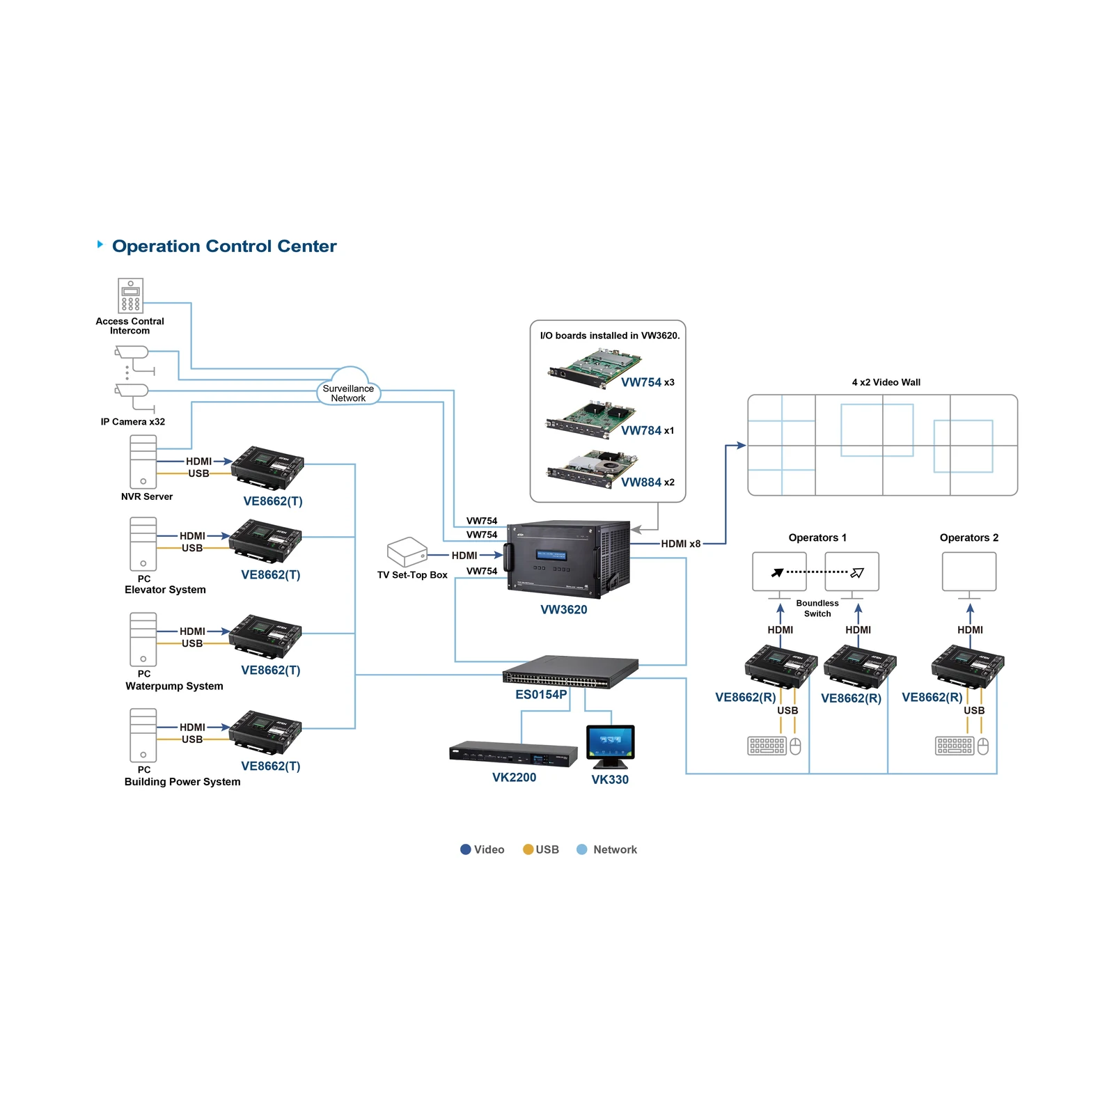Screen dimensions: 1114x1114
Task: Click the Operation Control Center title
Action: (224, 246)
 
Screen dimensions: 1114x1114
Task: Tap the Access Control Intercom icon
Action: (130, 296)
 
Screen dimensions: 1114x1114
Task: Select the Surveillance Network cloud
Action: (348, 387)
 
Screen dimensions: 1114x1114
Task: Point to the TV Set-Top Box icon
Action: (407, 552)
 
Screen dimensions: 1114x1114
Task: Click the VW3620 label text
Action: (564, 610)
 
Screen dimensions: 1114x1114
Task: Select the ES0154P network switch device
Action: (570, 671)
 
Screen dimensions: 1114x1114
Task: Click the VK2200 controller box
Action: (514, 754)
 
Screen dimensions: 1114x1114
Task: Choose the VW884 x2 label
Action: (648, 483)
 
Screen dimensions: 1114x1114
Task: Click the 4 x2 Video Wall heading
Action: (886, 382)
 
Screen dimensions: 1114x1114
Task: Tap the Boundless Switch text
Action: (817, 609)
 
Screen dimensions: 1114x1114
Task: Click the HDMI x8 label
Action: (680, 544)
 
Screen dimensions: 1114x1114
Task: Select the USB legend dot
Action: (528, 849)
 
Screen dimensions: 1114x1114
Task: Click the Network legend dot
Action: (582, 849)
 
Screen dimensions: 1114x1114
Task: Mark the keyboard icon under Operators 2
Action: (954, 746)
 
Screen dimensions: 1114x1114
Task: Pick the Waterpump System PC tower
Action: (143, 639)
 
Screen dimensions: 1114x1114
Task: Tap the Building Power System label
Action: (182, 782)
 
